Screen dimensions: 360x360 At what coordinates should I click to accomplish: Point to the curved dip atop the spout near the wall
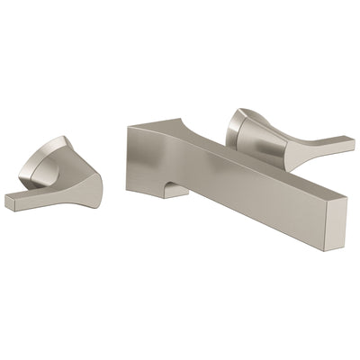coord(198,126)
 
